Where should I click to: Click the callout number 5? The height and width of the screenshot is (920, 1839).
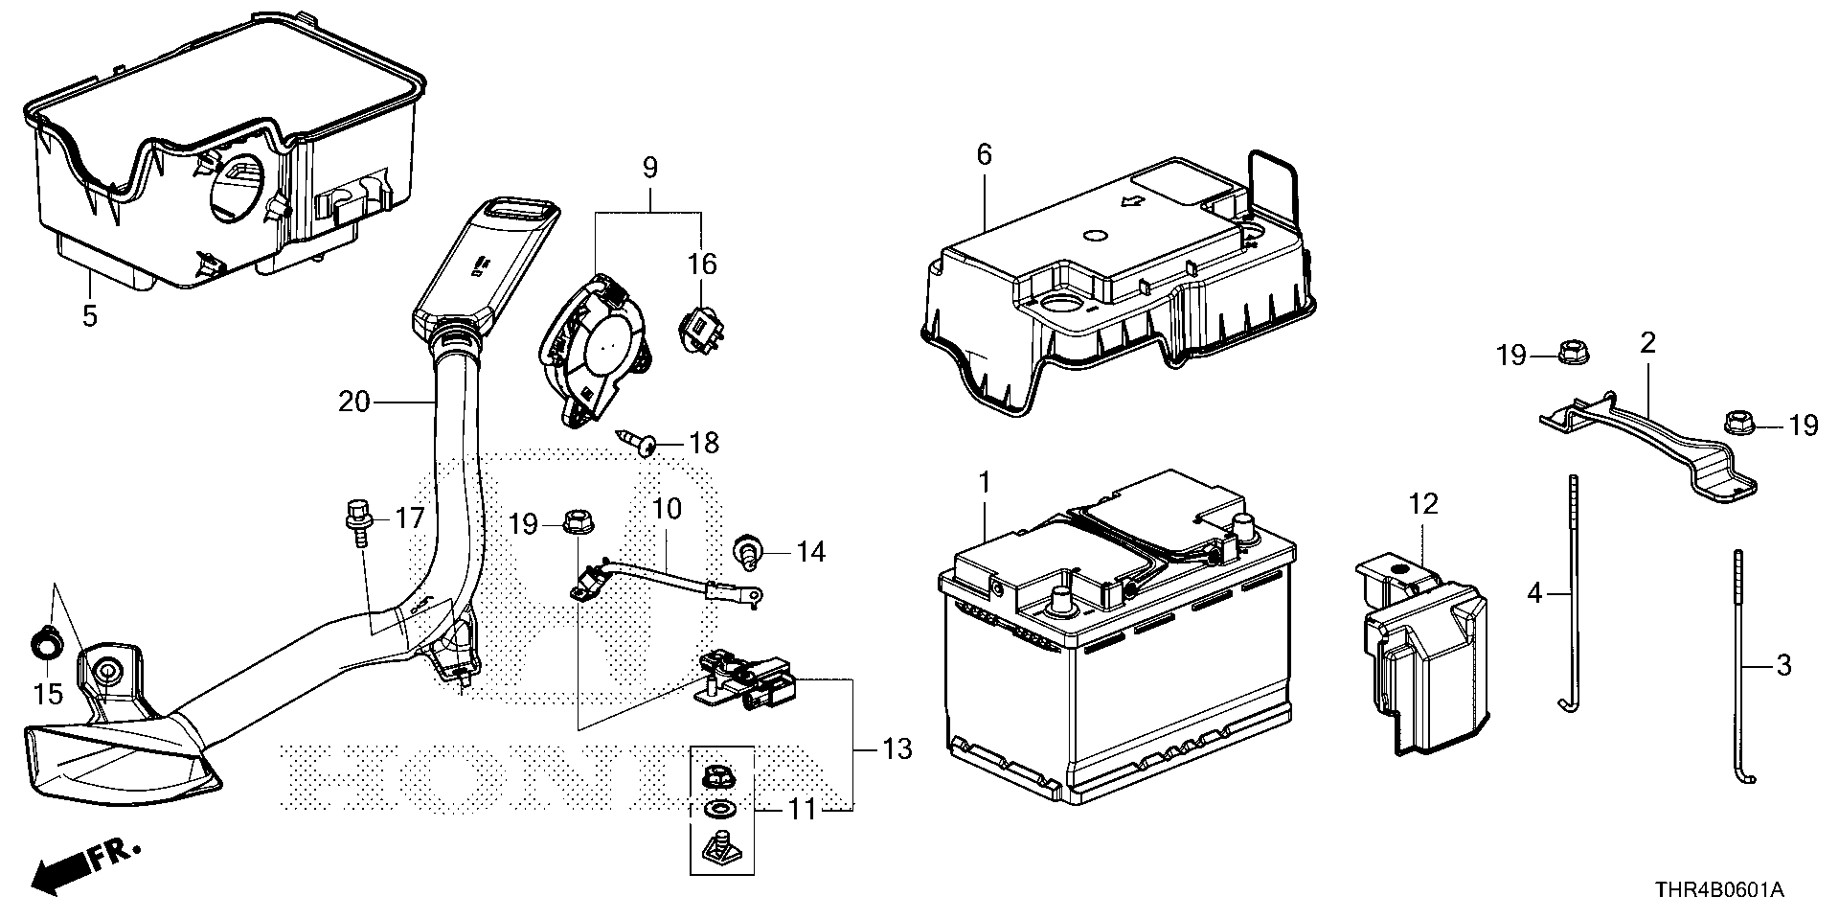click(90, 315)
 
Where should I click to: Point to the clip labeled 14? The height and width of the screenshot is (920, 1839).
click(746, 551)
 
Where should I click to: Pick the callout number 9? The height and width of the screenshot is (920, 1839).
click(650, 169)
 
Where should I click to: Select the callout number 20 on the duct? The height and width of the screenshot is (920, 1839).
click(353, 402)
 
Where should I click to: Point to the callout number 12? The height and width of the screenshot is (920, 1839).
click(1424, 504)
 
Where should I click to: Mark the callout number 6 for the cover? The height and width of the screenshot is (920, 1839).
click(985, 154)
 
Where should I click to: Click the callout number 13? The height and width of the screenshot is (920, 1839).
click(897, 749)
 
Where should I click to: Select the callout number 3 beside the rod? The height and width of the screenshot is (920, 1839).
click(1782, 664)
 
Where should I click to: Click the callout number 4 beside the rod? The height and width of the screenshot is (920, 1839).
click(1534, 594)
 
